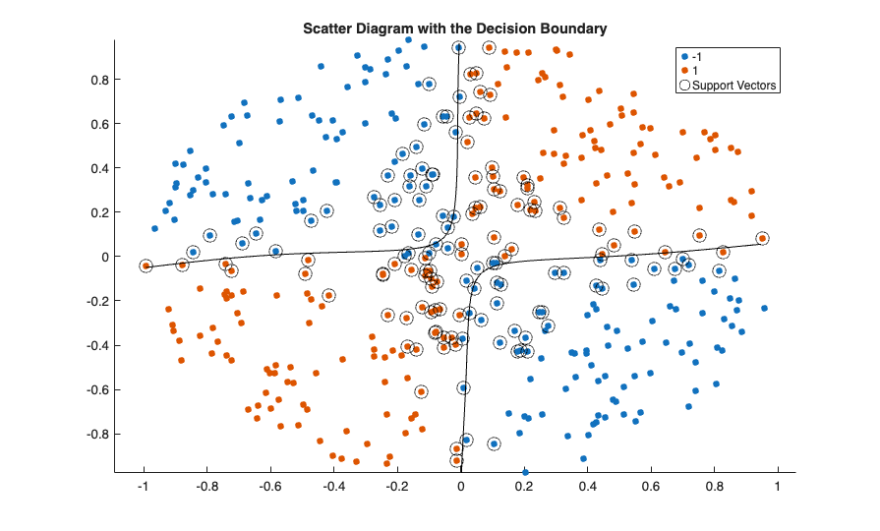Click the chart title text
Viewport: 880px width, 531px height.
[453, 29]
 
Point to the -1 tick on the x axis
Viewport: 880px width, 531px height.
[144, 486]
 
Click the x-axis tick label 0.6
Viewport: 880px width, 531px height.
[651, 486]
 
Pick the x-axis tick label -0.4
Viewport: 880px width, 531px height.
[333, 486]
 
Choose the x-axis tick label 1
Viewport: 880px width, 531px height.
[778, 486]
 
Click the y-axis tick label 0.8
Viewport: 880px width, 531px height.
[98, 79]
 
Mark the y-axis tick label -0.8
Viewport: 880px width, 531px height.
[96, 434]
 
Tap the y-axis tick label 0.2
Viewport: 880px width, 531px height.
[98, 212]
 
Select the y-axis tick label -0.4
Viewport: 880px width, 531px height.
[96, 345]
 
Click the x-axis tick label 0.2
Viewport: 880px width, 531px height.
[524, 486]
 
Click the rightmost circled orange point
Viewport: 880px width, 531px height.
[762, 238]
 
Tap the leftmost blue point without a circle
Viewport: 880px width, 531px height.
[154, 228]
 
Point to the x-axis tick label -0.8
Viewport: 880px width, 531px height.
[206, 486]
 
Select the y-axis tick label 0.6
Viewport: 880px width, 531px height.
[98, 124]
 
